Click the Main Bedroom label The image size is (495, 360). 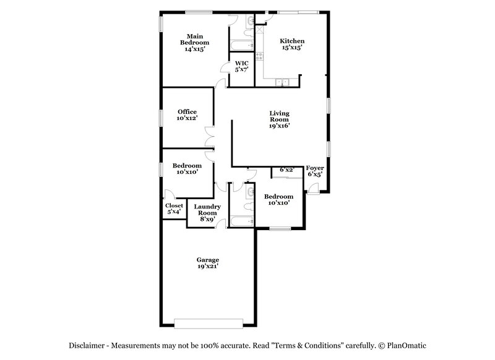pyautogui.click(x=194, y=42)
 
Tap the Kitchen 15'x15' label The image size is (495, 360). pyautogui.click(x=293, y=44)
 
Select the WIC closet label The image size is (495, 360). pyautogui.click(x=241, y=66)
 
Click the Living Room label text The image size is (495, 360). pyautogui.click(x=279, y=119)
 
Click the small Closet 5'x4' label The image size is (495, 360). pyautogui.click(x=174, y=208)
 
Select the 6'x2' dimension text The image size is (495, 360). pyautogui.click(x=286, y=169)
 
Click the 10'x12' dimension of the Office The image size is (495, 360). pyautogui.click(x=187, y=118)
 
